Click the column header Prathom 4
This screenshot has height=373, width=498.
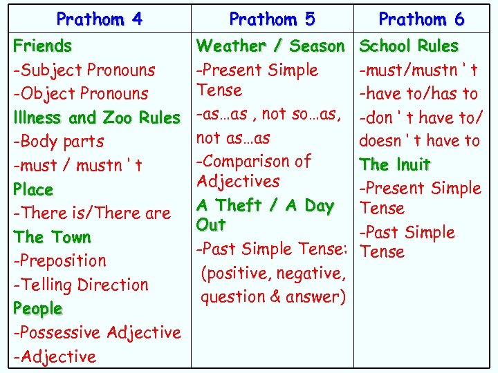[x=100, y=19]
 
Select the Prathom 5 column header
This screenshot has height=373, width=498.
[x=272, y=19]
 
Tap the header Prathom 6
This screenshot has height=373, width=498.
[x=421, y=19]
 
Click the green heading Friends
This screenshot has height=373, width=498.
[x=43, y=46]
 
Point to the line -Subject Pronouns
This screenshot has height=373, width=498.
[x=84, y=70]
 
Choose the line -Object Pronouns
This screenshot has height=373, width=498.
[x=81, y=93]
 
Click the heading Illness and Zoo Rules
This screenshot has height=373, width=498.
[x=97, y=117]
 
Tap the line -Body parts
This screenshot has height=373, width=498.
[x=59, y=141]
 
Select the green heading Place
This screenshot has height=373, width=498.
[x=33, y=189]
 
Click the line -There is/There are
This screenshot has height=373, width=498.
[x=92, y=213]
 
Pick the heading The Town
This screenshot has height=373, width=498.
[x=53, y=237]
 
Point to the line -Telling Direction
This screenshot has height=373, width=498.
[x=81, y=285]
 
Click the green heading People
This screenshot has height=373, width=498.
[x=38, y=309]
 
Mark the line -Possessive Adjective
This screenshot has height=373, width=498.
[x=97, y=332]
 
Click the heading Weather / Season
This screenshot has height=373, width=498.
[x=270, y=46]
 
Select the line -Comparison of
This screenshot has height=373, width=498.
[x=254, y=161]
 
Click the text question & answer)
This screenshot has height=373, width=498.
[x=273, y=297]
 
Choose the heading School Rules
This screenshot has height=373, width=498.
[x=409, y=46]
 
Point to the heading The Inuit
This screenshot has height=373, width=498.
[x=395, y=164]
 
